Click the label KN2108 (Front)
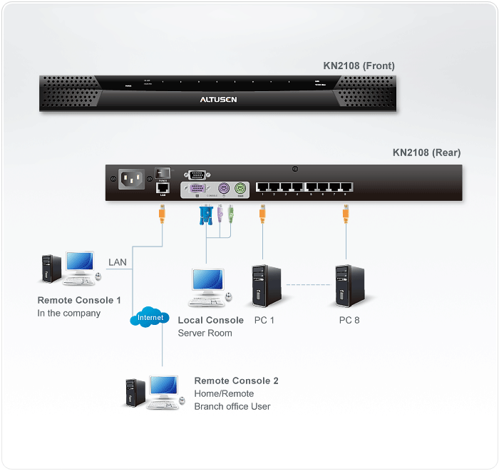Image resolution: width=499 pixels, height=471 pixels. pyautogui.click(x=359, y=66)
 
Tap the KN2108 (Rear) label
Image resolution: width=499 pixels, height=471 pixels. pyautogui.click(x=426, y=152)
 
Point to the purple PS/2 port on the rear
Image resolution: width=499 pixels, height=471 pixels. pyautogui.click(x=222, y=189)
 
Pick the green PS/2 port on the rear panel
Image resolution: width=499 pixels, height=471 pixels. pyautogui.click(x=239, y=189)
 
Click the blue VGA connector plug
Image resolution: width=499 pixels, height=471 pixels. pyautogui.click(x=206, y=214)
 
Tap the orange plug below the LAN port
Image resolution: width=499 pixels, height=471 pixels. pyautogui.click(x=163, y=213)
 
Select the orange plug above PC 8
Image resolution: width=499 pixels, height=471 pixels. pyautogui.click(x=346, y=213)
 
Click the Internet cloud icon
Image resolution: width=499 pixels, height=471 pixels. pyautogui.click(x=150, y=318)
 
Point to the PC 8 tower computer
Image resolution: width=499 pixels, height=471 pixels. pyautogui.click(x=349, y=286)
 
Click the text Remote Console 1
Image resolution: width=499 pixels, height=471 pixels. pyautogui.click(x=79, y=301)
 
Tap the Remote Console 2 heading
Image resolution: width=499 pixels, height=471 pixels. pyautogui.click(x=236, y=381)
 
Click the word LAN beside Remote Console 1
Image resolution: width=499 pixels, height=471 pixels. pyautogui.click(x=118, y=262)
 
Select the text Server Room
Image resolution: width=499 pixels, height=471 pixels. pyautogui.click(x=205, y=333)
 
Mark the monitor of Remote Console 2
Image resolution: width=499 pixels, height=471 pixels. pyautogui.click(x=164, y=389)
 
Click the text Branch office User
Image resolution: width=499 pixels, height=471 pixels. pyautogui.click(x=232, y=406)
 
